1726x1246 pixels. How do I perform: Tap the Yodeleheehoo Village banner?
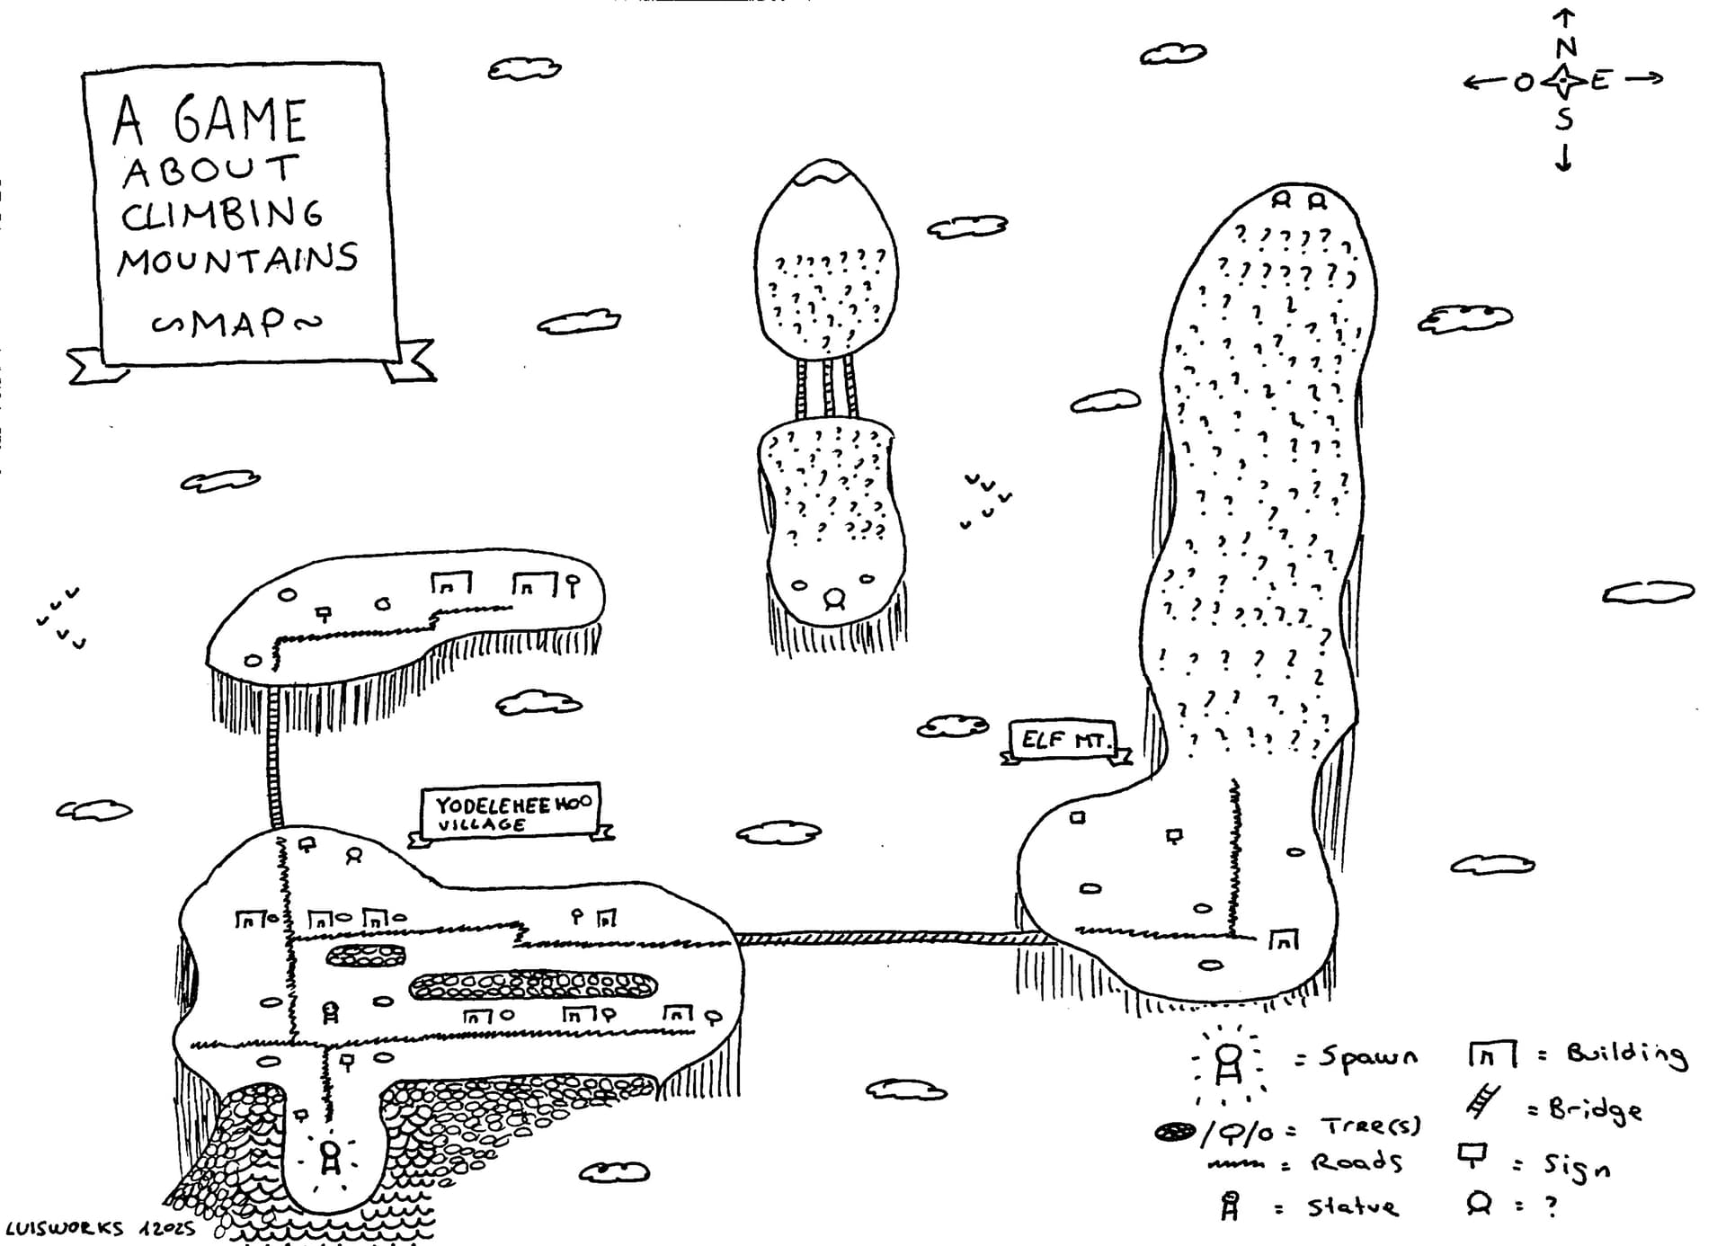tap(510, 813)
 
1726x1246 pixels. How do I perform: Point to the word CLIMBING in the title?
tap(222, 214)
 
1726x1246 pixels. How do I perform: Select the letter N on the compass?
tap(1565, 47)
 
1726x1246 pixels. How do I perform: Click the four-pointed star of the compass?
tap(1564, 82)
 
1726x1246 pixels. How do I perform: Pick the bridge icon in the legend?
tap(1482, 1101)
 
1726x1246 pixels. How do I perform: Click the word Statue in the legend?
tap(1353, 1206)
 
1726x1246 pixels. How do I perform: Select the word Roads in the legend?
tap(1357, 1161)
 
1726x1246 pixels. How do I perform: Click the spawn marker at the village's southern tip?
tap(330, 1157)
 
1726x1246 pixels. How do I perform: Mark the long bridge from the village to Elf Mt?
tap(890, 939)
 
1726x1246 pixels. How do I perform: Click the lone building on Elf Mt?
tap(1284, 940)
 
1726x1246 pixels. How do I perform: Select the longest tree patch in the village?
tap(532, 986)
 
